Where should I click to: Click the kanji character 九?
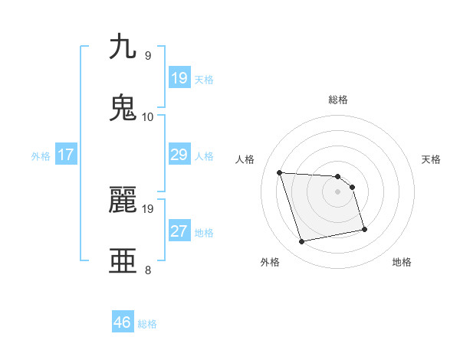tap(123, 47)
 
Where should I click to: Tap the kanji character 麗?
tap(123, 200)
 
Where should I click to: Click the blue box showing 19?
tap(179, 78)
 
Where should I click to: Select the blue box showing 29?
tap(179, 155)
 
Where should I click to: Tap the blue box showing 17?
tap(65, 155)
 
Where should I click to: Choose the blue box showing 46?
tap(122, 322)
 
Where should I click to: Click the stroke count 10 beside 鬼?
tap(148, 117)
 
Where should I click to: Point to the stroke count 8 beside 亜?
tap(148, 270)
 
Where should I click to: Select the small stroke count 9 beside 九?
tap(148, 55)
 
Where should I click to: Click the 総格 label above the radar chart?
tap(338, 100)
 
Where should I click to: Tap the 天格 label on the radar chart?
tap(432, 159)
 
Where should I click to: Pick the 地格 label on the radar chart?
tap(402, 262)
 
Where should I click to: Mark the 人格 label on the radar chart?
tap(245, 159)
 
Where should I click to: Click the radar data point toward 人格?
tap(280, 172)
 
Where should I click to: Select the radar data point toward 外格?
tap(302, 242)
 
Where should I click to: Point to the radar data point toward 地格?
tap(364, 229)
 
